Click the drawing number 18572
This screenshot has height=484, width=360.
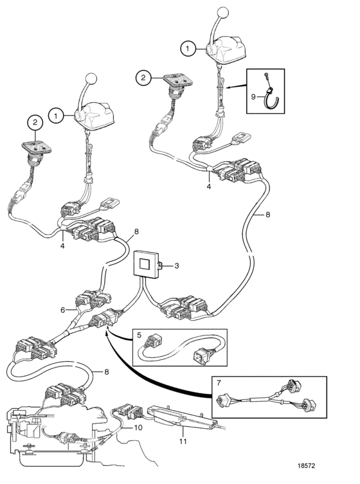306,465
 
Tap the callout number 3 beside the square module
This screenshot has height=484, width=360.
177,265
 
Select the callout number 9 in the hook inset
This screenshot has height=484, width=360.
253,97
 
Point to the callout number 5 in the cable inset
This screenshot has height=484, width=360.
139,336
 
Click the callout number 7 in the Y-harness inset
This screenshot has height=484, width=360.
219,382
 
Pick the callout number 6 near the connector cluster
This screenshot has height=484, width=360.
62,310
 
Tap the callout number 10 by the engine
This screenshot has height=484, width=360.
138,427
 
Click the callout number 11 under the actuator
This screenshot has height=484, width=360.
183,442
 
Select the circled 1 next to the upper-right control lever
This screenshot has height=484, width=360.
188,48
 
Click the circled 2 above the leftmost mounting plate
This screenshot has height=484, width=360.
35,122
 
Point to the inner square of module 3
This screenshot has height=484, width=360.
145,264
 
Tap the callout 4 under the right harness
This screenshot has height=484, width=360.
209,186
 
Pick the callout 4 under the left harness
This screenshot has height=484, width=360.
62,246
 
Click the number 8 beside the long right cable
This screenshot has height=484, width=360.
267,214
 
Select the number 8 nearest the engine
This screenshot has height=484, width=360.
107,372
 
